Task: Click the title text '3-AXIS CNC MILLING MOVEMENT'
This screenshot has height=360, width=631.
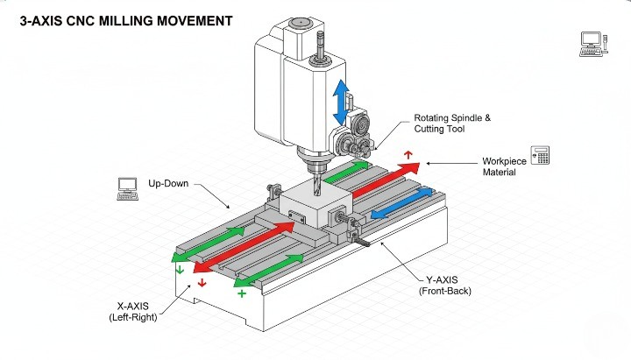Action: pos(126,18)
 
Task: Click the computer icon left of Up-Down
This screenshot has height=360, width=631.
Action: pos(129,187)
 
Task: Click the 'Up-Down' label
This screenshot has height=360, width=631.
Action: pos(170,186)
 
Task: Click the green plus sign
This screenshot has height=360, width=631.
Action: pos(242,295)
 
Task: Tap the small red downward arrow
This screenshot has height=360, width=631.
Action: pos(202,283)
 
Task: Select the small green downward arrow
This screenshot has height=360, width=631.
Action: pos(181,271)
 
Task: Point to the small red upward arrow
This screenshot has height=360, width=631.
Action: pos(408,154)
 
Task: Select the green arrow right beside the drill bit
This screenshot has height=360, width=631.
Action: pos(347,172)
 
